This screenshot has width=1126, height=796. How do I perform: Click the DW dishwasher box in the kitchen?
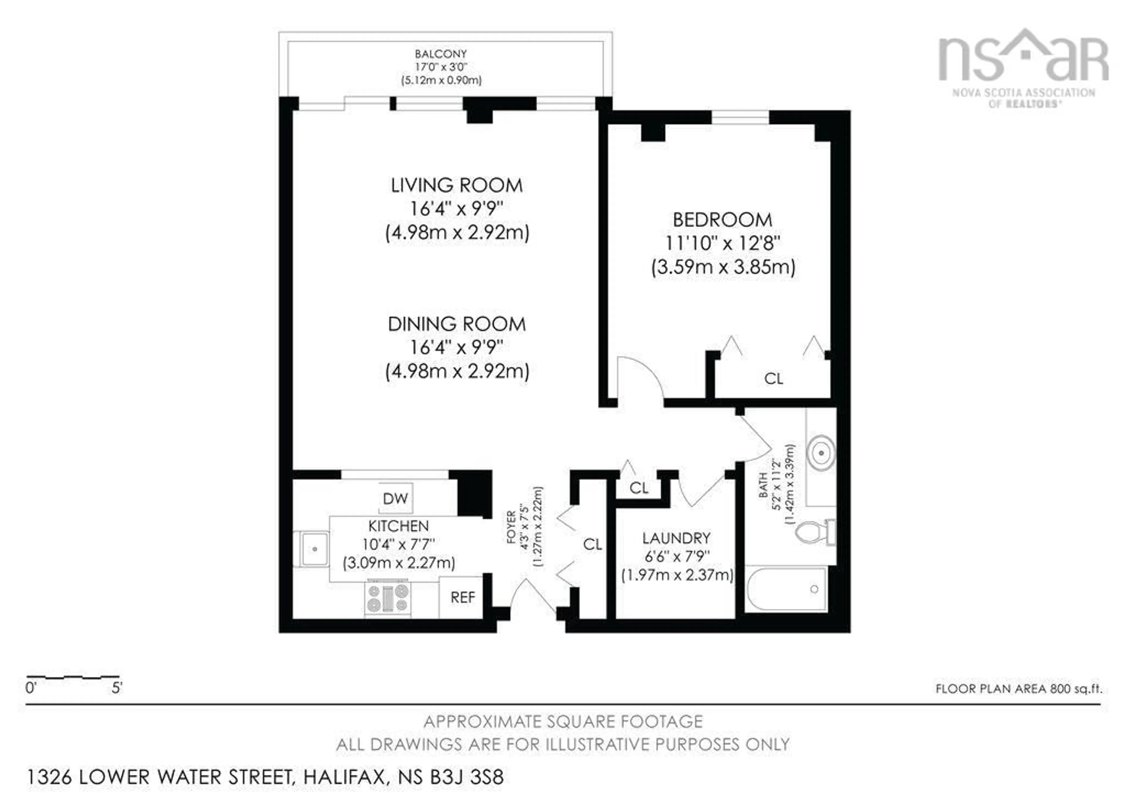click(395, 499)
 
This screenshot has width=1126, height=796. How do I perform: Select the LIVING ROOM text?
click(457, 185)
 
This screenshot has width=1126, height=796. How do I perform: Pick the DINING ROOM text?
click(457, 324)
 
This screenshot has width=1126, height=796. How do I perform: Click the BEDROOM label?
click(723, 220)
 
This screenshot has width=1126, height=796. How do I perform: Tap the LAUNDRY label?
click(676, 538)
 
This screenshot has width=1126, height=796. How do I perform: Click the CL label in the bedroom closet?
click(773, 379)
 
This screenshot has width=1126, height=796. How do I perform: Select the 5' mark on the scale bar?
click(117, 688)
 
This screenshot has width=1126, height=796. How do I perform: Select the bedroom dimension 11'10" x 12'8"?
click(723, 243)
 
